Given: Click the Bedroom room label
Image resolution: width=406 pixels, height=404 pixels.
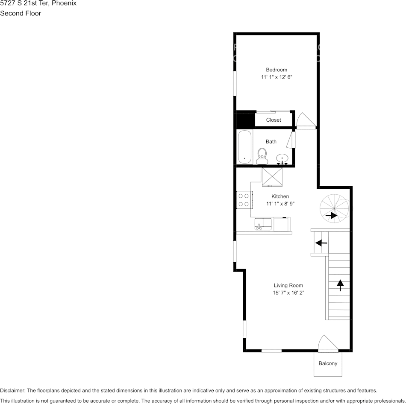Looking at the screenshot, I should (276, 70).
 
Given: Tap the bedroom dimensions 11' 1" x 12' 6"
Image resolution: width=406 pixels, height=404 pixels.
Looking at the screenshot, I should (276, 77).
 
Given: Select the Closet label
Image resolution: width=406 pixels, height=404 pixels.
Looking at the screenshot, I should (274, 120).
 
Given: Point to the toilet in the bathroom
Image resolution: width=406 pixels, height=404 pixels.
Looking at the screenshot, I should (262, 155).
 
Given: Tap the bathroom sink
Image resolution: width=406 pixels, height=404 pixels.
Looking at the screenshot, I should (282, 159).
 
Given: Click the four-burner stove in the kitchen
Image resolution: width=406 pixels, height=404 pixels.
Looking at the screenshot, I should (244, 200).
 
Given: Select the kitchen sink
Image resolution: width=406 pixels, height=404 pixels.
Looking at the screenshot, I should (263, 224).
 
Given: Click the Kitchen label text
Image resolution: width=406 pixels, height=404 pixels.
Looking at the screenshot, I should (280, 196).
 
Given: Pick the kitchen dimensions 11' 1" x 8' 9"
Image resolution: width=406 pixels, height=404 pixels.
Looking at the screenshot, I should (280, 204).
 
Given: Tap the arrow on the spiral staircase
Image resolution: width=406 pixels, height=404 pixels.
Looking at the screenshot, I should (331, 216).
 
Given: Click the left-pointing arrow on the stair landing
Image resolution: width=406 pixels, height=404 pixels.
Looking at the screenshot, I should (321, 243).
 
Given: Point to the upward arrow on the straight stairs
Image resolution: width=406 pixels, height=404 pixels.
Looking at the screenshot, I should (340, 285).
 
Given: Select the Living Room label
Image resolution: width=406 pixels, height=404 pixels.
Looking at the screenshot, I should (288, 285).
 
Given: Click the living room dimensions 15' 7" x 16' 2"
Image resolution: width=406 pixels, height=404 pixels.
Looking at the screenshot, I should (288, 293).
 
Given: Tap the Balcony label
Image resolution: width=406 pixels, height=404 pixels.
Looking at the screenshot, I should (328, 363).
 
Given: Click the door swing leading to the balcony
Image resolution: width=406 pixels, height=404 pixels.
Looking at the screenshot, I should (327, 343).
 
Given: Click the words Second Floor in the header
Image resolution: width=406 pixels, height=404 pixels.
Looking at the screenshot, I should (21, 13).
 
